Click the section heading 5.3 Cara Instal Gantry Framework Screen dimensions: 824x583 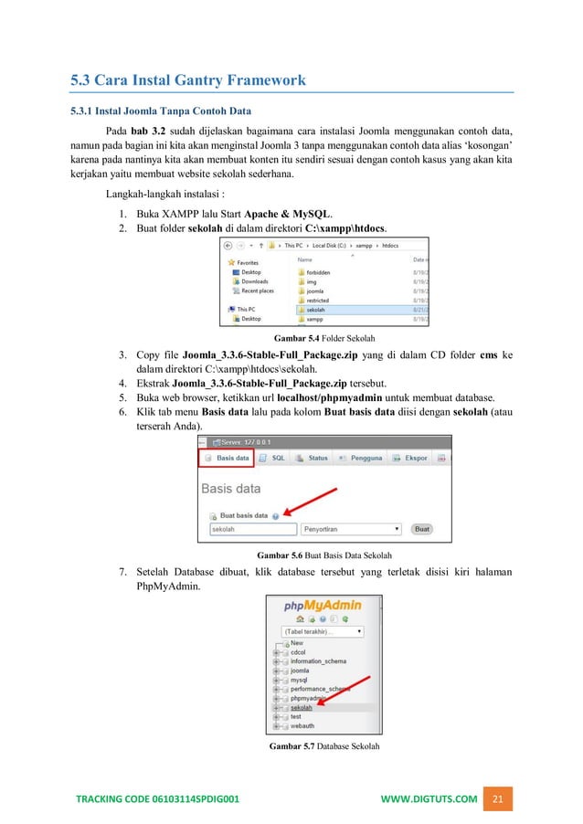pyautogui.click(x=188, y=81)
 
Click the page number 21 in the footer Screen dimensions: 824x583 pyautogui.click(x=498, y=799)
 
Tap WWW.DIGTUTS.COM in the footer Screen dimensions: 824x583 pyautogui.click(x=429, y=799)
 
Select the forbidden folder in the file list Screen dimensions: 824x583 pyautogui.click(x=319, y=272)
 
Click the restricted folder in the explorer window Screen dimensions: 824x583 pyautogui.click(x=318, y=300)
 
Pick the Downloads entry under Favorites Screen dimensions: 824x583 pyautogui.click(x=254, y=281)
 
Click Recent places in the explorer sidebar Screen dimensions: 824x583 pyautogui.click(x=257, y=291)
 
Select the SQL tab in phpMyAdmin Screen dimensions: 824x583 pyautogui.click(x=273, y=458)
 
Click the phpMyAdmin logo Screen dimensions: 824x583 pyautogui.click(x=319, y=606)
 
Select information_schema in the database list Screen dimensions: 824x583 pyautogui.click(x=320, y=661)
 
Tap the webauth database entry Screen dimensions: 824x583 pyautogui.click(x=302, y=725)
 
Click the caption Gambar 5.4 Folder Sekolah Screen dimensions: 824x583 pyautogui.click(x=324, y=338)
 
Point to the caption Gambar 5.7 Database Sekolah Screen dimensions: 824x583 pyautogui.click(x=324, y=746)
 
